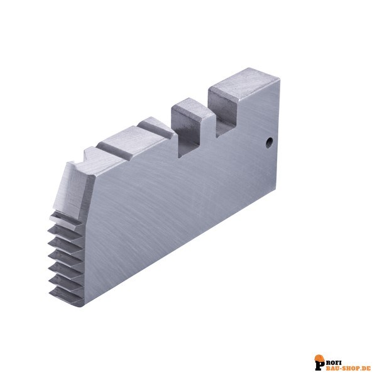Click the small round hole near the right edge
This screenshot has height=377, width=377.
[x=270, y=143]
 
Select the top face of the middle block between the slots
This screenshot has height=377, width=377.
[x=192, y=109]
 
